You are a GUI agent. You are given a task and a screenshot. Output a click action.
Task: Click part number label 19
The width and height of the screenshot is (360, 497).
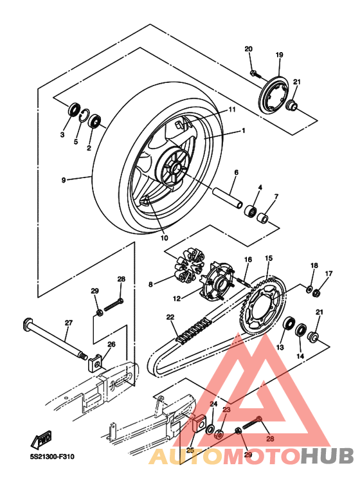pyautogui.click(x=279, y=55)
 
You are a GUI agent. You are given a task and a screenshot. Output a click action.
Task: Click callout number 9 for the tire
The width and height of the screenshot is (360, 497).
pyautogui.click(x=64, y=181)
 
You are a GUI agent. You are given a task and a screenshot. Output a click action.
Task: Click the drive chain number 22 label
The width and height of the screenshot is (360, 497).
pyautogui.click(x=170, y=317)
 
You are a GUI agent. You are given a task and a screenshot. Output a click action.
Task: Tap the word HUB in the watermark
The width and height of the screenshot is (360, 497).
pyautogui.click(x=327, y=455)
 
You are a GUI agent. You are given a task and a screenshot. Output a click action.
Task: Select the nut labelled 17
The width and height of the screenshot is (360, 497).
pyautogui.click(x=316, y=293)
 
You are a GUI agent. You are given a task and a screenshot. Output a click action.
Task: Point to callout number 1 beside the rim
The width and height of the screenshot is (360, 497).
pyautogui.click(x=244, y=131)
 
